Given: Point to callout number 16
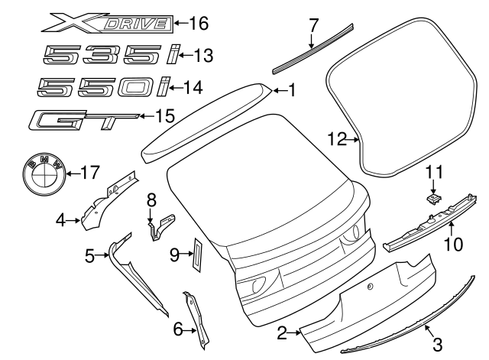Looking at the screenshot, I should point(198,23).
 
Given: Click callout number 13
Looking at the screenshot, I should point(203,55).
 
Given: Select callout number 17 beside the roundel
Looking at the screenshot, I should point(89,172).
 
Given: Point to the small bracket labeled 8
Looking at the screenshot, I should point(160,224).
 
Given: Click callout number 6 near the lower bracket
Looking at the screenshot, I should point(178,329).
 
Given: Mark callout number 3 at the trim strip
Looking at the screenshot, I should point(438,344).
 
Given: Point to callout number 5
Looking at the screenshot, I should point(89,257).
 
